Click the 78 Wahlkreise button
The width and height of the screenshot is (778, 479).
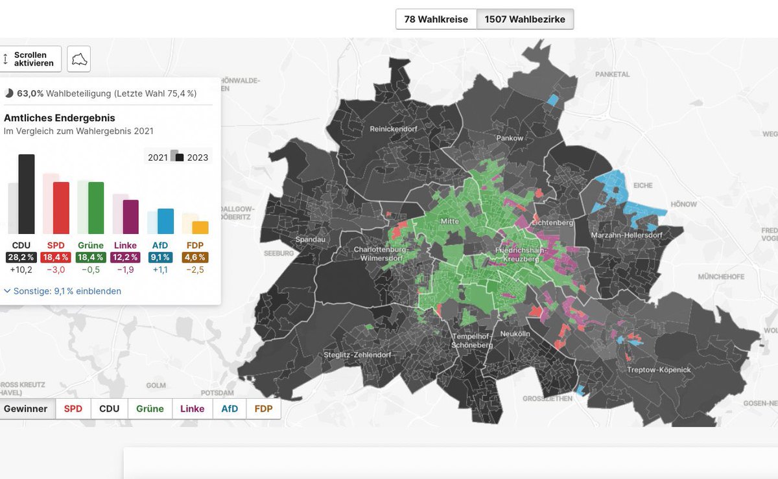(436, 19)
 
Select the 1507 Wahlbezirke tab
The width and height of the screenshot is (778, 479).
(525, 19)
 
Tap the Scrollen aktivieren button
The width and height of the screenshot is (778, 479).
(30, 59)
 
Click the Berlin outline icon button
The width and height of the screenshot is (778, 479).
(79, 59)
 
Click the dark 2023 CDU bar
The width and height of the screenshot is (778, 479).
(27, 194)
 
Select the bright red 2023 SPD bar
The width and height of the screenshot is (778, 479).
(61, 207)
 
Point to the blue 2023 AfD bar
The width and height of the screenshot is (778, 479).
(165, 221)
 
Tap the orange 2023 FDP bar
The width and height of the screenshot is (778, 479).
(200, 228)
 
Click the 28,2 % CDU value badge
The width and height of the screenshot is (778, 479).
(21, 257)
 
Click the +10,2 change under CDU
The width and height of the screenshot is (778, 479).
(21, 270)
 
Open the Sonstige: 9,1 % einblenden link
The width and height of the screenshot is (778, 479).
(62, 291)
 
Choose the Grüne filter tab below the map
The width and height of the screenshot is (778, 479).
(152, 409)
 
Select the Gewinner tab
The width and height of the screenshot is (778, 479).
(26, 409)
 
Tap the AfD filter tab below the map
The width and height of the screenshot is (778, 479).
(230, 409)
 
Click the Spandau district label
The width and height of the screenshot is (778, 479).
(310, 239)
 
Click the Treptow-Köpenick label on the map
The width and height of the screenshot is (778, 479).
(659, 369)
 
